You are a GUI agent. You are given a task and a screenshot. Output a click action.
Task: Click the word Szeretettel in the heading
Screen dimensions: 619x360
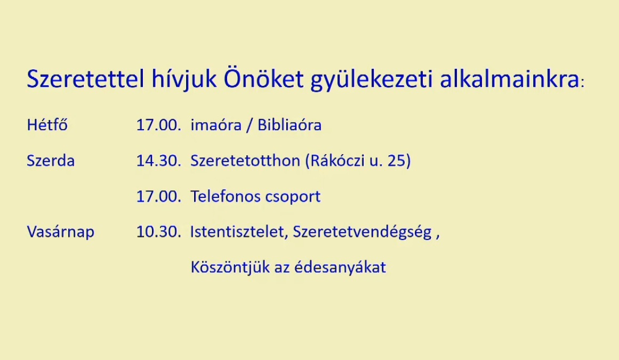click(85, 78)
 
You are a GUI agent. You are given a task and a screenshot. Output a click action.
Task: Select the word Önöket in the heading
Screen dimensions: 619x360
click(264, 78)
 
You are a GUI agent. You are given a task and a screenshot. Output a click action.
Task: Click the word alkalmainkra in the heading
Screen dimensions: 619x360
click(510, 78)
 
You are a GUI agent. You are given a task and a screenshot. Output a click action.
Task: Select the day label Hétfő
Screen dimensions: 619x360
click(47, 124)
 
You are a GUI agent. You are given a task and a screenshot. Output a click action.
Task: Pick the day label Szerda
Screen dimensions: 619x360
click(51, 161)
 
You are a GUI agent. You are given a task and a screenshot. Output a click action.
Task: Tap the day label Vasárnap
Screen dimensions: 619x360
click(61, 231)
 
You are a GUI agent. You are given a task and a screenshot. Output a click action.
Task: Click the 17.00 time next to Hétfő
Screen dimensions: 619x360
click(158, 125)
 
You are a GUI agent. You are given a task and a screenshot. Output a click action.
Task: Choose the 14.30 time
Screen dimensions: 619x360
click(158, 161)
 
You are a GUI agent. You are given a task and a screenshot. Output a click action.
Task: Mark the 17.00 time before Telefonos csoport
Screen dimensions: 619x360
click(158, 196)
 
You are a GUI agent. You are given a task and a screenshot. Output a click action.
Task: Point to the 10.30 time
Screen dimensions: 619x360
click(158, 231)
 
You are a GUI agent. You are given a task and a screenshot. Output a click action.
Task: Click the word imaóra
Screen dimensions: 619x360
click(216, 125)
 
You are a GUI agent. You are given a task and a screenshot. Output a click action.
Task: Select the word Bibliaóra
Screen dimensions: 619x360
click(290, 125)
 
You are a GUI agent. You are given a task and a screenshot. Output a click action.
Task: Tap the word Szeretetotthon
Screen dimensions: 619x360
click(245, 161)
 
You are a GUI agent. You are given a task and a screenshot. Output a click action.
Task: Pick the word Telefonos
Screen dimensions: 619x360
click(224, 196)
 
